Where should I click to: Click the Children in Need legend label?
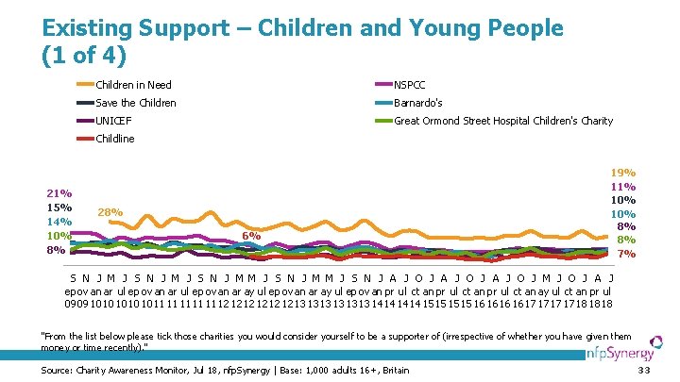tap(132, 85)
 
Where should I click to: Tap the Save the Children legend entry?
tap(136, 103)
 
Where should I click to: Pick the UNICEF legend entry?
tap(113, 121)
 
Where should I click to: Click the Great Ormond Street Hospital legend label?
tap(502, 121)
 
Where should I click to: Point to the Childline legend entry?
tap(115, 139)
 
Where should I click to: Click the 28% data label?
tap(110, 212)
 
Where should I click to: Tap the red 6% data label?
tap(251, 235)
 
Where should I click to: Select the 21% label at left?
tap(59, 193)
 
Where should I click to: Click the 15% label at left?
tap(59, 208)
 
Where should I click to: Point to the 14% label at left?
tap(59, 222)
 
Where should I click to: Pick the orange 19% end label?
tap(622, 174)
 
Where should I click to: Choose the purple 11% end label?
tap(622, 187)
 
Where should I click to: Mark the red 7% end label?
tap(626, 254)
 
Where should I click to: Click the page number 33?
tap(644, 370)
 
